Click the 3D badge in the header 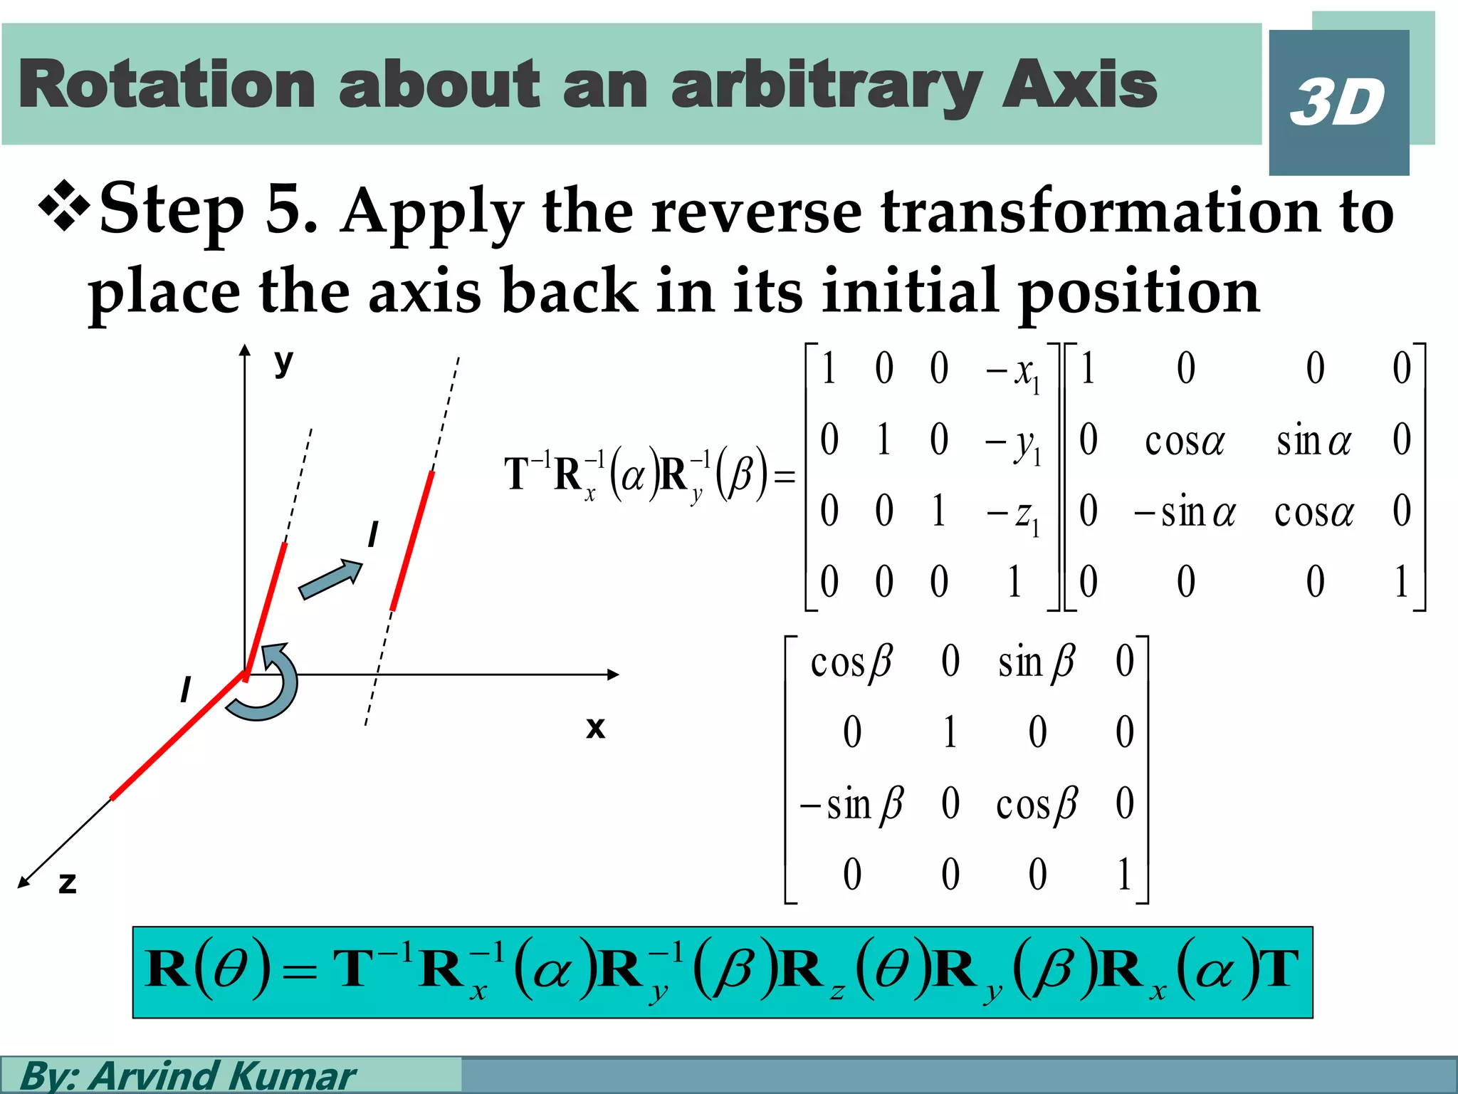tap(1338, 103)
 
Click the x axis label tap(595, 728)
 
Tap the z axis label tap(67, 883)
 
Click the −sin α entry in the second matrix tap(1185, 513)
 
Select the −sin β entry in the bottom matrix tap(851, 806)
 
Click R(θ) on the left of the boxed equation tap(207, 970)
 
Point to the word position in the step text tap(1139, 293)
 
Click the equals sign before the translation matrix tap(785, 476)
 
